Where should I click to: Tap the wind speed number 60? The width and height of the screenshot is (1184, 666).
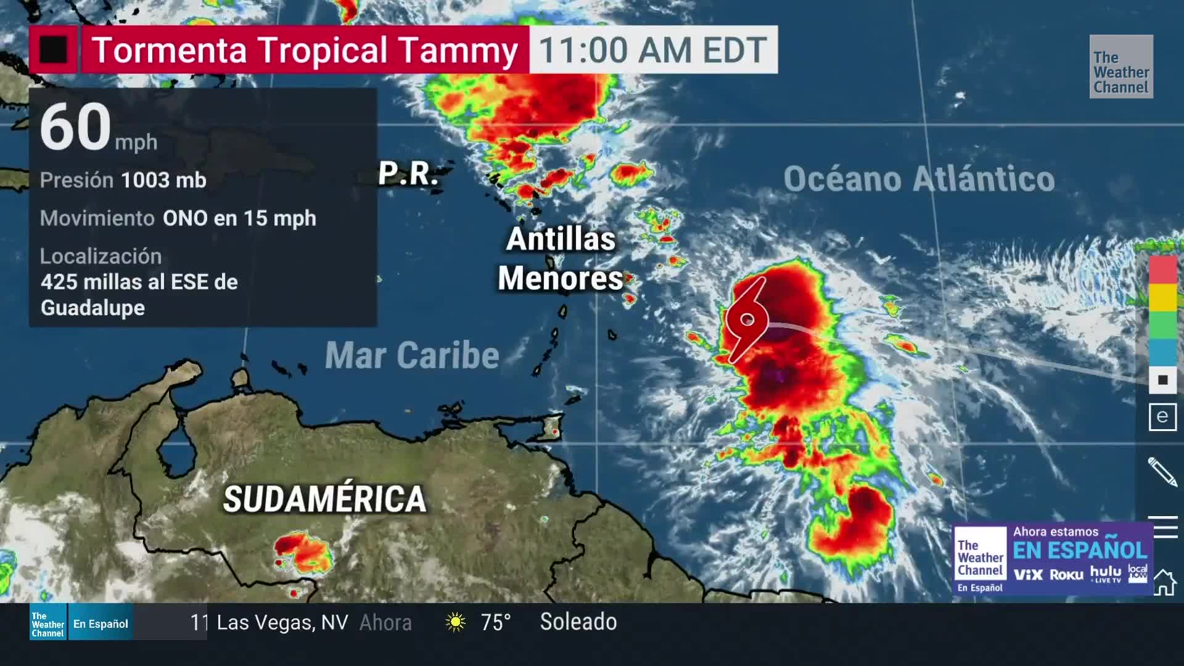(x=75, y=127)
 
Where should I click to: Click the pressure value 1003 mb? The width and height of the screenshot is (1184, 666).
(x=163, y=180)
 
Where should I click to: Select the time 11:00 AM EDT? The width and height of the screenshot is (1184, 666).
(x=653, y=50)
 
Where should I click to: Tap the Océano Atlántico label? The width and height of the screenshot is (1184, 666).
(x=919, y=179)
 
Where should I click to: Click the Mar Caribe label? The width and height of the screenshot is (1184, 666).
(x=412, y=356)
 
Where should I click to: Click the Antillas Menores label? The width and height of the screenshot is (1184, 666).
(x=561, y=259)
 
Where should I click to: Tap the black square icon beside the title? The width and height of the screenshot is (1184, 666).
(x=53, y=49)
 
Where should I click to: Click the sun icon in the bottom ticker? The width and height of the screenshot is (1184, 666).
(x=456, y=622)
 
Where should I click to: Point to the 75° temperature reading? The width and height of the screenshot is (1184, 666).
(x=496, y=622)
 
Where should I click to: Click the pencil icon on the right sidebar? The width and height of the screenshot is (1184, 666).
(x=1162, y=472)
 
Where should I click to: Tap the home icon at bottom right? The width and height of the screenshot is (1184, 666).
(x=1164, y=582)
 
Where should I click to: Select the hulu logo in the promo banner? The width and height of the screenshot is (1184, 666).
(x=1105, y=573)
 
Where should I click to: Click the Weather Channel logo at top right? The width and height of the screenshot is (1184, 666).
(x=1121, y=67)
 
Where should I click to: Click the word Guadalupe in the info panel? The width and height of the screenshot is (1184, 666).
(x=92, y=308)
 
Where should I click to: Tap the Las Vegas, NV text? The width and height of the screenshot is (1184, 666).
(x=282, y=622)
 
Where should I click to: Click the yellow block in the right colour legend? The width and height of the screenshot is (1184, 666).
(x=1162, y=298)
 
